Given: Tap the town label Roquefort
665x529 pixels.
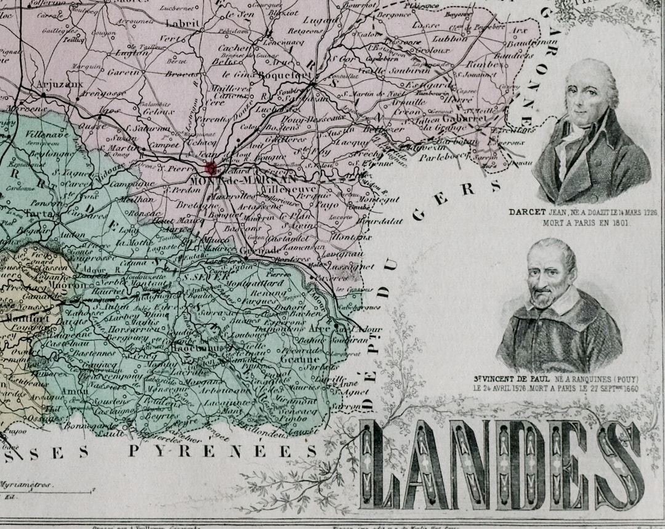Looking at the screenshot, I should coord(277,75).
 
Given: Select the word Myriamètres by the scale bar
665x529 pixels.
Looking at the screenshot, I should coord(26,485).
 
